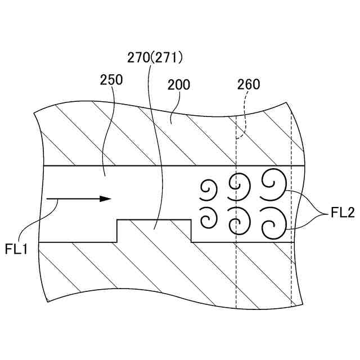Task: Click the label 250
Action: click(111, 80)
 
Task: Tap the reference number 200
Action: click(179, 85)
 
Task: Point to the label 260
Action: click(249, 85)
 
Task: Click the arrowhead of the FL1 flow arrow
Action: click(105, 199)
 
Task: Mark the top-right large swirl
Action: click(273, 184)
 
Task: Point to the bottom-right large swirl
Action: click(273, 221)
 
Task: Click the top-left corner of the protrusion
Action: click(117, 220)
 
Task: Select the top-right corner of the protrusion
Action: click(191, 220)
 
